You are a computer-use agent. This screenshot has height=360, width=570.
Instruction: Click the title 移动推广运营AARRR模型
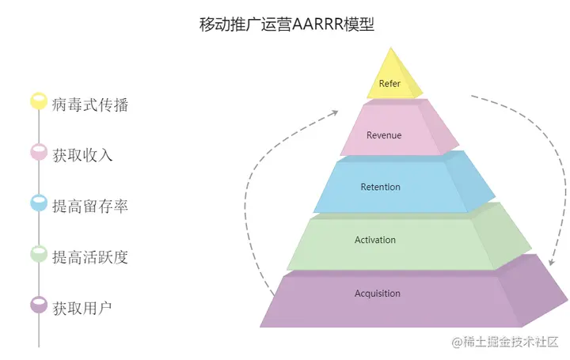click(x=286, y=24)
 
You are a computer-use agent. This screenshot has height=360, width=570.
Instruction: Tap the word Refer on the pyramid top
click(x=389, y=83)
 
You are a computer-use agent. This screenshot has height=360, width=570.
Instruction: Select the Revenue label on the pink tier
click(x=383, y=135)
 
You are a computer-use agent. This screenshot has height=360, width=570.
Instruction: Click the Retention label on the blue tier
click(x=380, y=188)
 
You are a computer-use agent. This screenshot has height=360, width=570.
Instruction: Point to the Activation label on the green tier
click(x=375, y=240)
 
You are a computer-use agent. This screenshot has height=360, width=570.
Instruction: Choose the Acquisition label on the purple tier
click(x=378, y=294)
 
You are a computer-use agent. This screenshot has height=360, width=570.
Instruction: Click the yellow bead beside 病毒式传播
click(x=39, y=102)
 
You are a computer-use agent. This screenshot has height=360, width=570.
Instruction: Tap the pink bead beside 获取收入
click(x=39, y=153)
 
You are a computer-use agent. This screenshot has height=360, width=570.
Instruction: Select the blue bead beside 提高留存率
click(x=39, y=203)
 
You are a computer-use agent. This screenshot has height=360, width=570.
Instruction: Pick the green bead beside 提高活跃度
click(x=39, y=254)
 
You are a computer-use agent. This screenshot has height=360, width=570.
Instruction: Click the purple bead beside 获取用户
click(x=39, y=305)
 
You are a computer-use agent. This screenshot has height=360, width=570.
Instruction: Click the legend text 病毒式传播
click(x=90, y=104)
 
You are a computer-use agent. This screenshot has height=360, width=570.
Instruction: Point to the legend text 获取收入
click(x=82, y=155)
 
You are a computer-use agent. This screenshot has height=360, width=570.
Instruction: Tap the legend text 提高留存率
click(x=90, y=206)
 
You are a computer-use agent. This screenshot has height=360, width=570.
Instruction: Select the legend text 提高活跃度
click(x=90, y=256)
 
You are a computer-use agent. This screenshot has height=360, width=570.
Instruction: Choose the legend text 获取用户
click(x=82, y=307)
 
